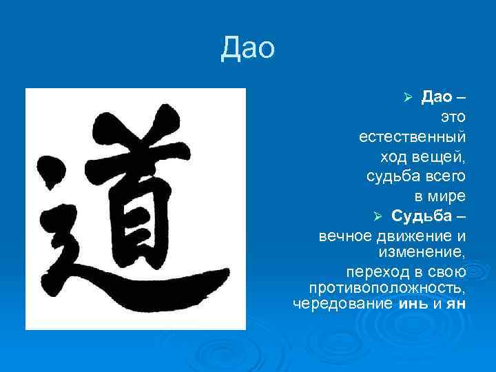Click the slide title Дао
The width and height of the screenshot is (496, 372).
(x=247, y=48)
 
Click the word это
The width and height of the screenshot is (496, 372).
(x=452, y=118)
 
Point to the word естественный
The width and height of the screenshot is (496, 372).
(x=412, y=137)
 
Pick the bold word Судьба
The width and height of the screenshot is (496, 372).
(x=421, y=216)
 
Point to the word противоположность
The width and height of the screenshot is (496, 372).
(x=387, y=286)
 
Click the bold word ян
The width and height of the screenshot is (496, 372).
(x=456, y=303)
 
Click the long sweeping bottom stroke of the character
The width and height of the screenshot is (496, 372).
(x=158, y=286)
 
